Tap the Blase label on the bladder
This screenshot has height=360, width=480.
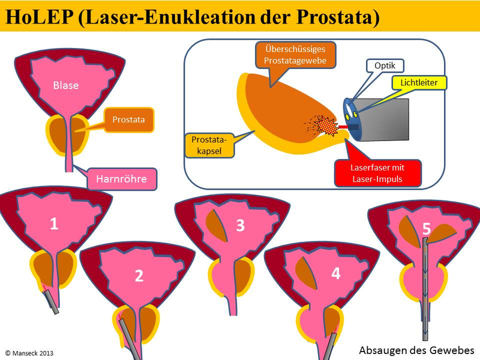coord(65,85)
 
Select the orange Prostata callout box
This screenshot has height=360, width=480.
coord(128,120)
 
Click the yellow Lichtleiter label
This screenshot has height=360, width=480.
coord(423,82)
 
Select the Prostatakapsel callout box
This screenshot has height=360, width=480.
coord(206,145)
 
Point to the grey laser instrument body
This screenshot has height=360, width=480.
coord(384,120)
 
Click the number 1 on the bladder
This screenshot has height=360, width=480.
coord(54,224)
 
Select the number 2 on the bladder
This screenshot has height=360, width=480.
coord(139,276)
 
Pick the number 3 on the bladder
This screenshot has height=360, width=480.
coord(240,226)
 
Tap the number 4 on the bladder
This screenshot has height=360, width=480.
coord(335,274)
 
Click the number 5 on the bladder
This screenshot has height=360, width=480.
coord(426,229)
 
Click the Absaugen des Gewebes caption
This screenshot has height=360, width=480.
coord(416,350)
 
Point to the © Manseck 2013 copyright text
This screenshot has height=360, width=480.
coord(34,353)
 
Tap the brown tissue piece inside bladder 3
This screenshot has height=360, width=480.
coord(215,225)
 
